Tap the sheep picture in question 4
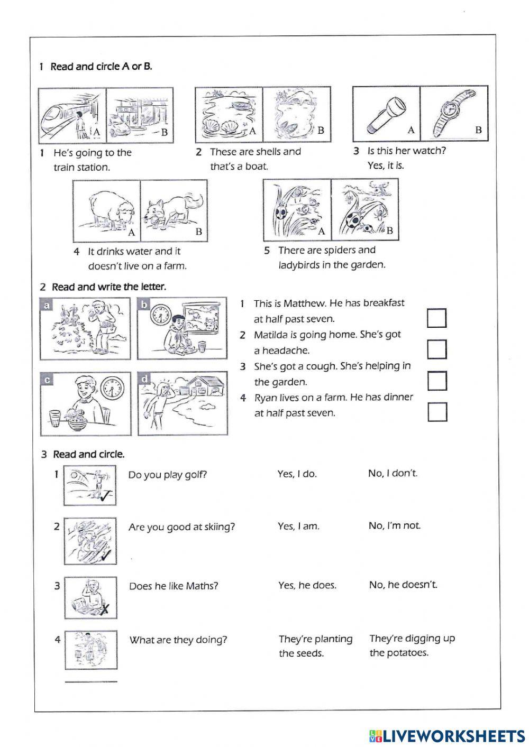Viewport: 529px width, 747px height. click(106, 210)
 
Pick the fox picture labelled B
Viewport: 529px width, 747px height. click(174, 210)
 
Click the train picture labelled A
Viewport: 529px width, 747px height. click(72, 115)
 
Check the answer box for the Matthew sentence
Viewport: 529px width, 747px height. click(436, 318)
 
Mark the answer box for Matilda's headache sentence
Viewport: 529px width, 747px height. click(436, 349)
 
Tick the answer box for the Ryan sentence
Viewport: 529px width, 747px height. click(437, 412)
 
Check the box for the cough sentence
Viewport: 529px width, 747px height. click(437, 381)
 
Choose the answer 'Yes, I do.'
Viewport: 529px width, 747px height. click(297, 474)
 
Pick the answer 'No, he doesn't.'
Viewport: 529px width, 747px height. click(403, 585)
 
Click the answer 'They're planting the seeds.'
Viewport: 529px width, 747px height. click(315, 646)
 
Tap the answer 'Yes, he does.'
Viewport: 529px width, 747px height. click(307, 585)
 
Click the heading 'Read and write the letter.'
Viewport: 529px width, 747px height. click(108, 287)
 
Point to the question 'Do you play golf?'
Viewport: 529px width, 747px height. click(167, 475)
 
